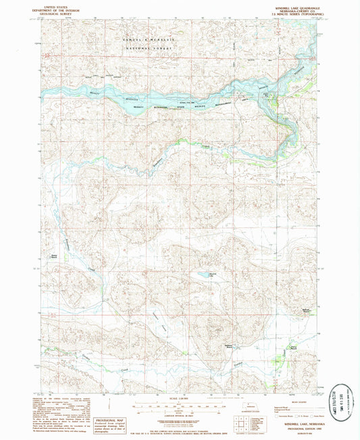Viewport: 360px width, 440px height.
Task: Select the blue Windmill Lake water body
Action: [199, 276]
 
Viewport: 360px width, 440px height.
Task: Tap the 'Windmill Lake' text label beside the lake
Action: [212, 272]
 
